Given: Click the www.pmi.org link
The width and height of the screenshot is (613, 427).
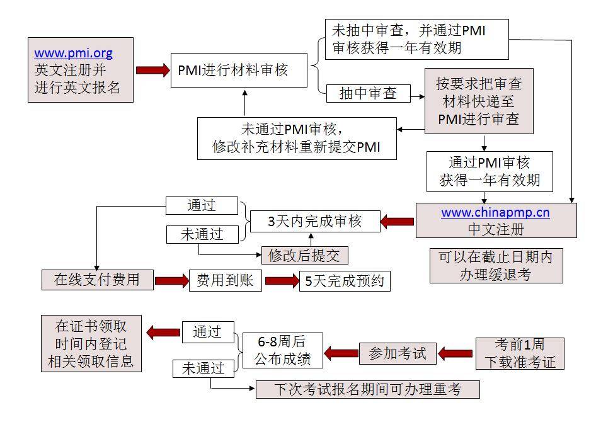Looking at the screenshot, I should click(x=73, y=54).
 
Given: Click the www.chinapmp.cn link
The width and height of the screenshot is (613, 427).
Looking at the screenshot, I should click(x=495, y=212).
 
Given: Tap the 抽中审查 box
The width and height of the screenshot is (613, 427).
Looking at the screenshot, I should click(x=368, y=94).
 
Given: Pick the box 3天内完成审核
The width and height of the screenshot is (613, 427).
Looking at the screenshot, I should click(x=315, y=222).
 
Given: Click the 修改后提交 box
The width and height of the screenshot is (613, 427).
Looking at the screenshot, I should click(x=304, y=255).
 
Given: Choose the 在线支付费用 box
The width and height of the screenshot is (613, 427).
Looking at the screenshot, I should click(x=97, y=280).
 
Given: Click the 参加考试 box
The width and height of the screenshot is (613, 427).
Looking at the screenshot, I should click(x=398, y=353).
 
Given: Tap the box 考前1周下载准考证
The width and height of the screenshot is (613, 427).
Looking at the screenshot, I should click(x=520, y=353).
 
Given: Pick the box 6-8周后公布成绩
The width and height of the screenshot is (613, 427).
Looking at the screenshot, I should click(x=282, y=350).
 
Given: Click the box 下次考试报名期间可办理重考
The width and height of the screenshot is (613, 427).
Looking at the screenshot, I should click(x=367, y=389).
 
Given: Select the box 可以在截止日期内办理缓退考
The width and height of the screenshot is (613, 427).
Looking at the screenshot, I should click(x=496, y=265).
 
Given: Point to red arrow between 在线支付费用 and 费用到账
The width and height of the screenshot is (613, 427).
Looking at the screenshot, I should click(x=171, y=281).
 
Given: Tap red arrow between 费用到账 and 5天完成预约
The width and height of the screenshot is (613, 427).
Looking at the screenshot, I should click(x=282, y=281).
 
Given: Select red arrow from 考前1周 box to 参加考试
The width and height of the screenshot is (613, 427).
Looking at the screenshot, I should click(x=455, y=353).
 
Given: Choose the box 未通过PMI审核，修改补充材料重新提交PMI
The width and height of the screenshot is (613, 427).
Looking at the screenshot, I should click(x=296, y=139).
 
